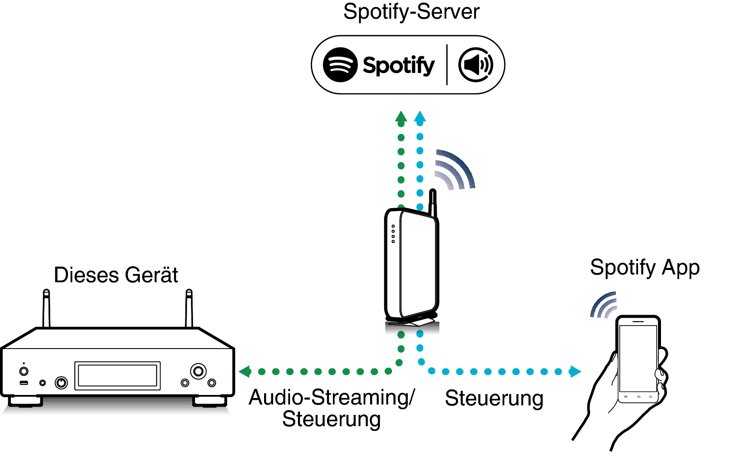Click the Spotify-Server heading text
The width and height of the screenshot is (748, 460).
click(411, 12)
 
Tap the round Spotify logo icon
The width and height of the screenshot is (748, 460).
click(340, 65)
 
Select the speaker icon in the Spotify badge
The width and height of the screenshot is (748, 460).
click(476, 65)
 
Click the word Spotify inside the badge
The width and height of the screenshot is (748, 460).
click(398, 65)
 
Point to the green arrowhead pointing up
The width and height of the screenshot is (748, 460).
click(401, 116)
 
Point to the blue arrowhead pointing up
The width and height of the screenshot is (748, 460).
click(420, 116)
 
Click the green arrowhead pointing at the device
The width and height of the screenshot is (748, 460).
click(245, 372)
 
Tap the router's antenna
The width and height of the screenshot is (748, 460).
click(432, 202)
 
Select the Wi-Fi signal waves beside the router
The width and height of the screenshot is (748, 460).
click(455, 170)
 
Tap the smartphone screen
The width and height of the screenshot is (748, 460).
click(638, 358)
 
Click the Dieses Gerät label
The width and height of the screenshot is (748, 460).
click(116, 275)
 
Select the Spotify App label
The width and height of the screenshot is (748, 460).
click(645, 268)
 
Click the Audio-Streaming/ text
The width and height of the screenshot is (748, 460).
click(332, 398)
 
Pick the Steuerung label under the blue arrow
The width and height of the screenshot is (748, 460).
click(494, 398)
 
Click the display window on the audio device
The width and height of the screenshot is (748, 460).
click(117, 375)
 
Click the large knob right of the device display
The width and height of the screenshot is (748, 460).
click(198, 371)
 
